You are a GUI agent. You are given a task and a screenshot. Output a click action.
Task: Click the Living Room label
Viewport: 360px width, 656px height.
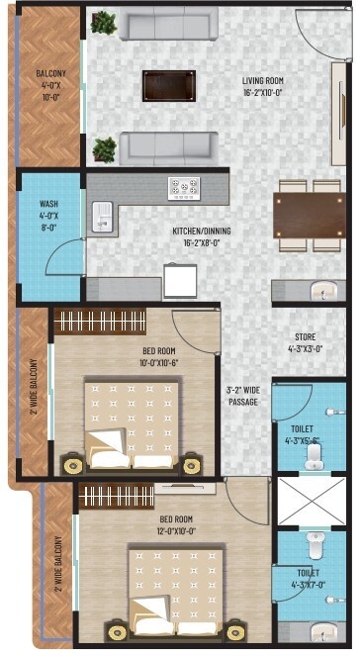coord(262,87)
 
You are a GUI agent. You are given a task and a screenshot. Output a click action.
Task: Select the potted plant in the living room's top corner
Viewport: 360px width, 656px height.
coord(103,23)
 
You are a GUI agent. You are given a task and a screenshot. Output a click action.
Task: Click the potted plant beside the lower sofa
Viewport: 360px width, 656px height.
coord(103,149)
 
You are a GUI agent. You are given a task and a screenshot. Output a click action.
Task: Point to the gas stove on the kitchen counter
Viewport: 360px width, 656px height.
coord(185,187)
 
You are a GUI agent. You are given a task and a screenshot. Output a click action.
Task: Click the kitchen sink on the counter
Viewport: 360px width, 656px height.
coord(102,216)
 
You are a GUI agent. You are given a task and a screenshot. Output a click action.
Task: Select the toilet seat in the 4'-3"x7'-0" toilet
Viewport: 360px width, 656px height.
coord(315,544)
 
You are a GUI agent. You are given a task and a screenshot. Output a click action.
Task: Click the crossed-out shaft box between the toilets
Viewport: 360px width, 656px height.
coord(311,501)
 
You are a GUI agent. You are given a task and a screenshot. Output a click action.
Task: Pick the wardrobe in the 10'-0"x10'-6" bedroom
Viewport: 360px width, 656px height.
coord(99,322)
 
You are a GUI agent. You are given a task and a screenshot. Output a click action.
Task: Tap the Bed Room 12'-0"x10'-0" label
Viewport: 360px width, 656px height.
coord(175,524)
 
